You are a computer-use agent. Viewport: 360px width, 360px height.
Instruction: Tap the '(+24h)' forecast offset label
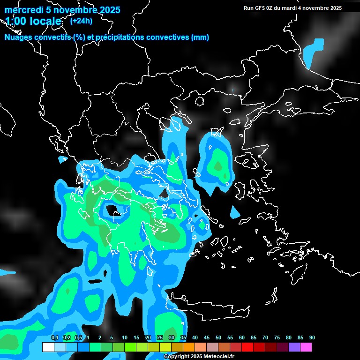tap(81, 21)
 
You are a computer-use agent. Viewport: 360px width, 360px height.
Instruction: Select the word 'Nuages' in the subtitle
tap(18, 37)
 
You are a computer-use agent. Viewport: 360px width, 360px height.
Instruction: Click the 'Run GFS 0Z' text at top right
tap(260, 8)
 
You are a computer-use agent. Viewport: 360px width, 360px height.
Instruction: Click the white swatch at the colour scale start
tap(48, 347)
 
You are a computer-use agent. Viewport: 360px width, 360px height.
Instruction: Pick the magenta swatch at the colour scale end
tap(306, 347)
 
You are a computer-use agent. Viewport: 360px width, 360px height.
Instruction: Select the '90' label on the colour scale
tap(312, 338)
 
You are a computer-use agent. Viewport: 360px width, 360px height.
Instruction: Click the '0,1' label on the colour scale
tap(55, 338)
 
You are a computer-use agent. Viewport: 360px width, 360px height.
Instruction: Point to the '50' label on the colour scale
tap(218, 338)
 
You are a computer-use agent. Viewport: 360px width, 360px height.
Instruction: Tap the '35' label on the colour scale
tap(183, 338)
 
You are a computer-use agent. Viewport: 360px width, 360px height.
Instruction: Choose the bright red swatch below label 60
tap(247, 347)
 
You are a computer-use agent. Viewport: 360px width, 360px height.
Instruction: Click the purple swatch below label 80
tap(294, 347)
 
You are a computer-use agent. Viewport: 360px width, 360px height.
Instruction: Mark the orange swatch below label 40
tap(188, 347)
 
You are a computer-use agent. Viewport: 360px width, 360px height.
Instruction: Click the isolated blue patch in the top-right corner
tap(313, 52)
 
